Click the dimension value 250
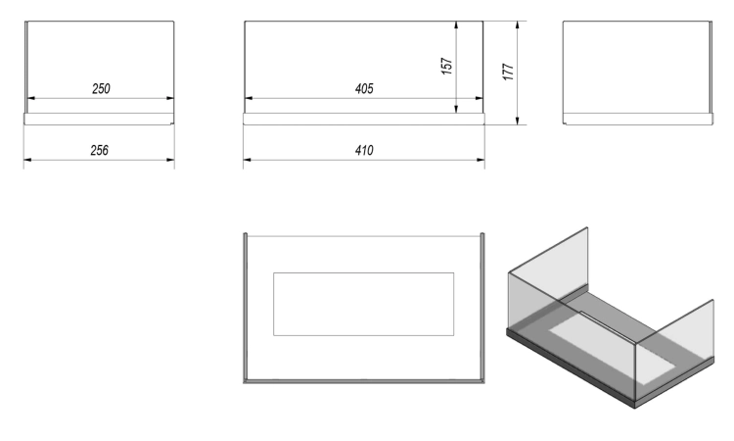pos(101,88)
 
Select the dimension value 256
pos(99,151)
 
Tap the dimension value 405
pos(364,88)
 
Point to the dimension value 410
pos(364,151)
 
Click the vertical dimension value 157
pos(447,66)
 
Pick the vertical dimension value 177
pos(508,72)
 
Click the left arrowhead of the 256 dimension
pos(27,160)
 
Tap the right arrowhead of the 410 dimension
pos(481,160)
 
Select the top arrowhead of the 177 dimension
pos(518,24)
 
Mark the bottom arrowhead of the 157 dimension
pos(456,109)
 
